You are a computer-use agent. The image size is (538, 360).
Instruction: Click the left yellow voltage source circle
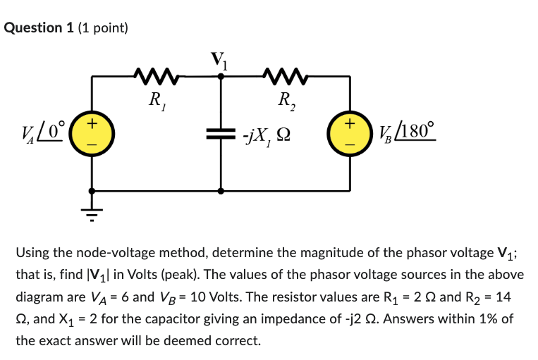point(91,133)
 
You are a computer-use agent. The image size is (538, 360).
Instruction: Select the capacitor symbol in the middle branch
point(221,133)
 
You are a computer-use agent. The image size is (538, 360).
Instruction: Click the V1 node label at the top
point(221,60)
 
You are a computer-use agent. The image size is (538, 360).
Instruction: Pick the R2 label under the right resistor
point(286,100)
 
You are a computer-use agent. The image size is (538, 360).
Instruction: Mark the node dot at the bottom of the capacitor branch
point(221,190)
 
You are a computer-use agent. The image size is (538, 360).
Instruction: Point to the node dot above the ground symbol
point(91,190)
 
